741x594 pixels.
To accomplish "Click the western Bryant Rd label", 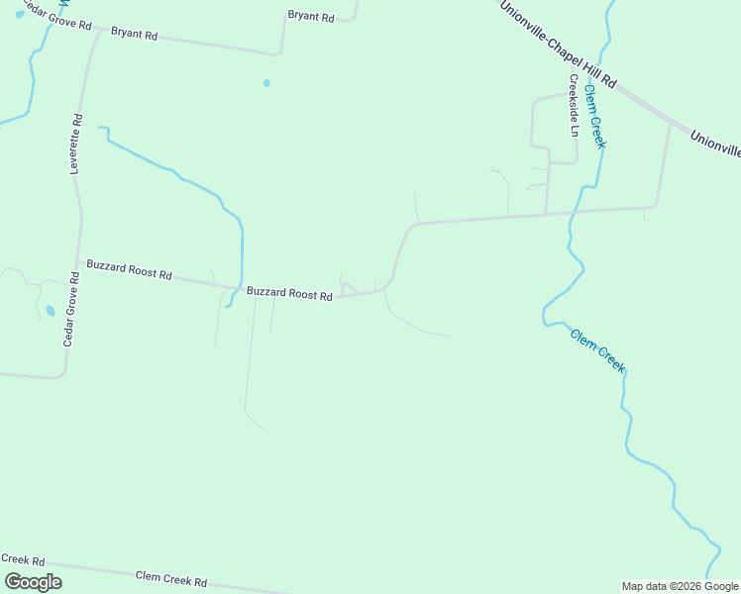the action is [134, 34].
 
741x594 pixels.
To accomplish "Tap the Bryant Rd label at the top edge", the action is [311, 15].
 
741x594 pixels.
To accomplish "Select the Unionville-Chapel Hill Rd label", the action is [558, 45].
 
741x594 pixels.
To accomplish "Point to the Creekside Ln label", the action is [574, 104].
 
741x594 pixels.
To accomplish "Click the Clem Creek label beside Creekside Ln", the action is [594, 116].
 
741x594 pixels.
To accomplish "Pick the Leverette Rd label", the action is [75, 145].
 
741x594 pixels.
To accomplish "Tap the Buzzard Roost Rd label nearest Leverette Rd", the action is [129, 269].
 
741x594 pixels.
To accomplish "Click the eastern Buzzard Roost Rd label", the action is [289, 294].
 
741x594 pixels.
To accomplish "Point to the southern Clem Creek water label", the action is [597, 349].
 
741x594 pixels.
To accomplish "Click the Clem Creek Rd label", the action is [171, 579].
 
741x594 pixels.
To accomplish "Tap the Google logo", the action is [32, 582].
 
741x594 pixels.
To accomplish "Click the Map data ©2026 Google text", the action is [680, 586].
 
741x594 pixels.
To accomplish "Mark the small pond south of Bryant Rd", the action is [266, 83].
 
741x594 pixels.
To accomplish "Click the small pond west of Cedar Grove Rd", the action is [50, 311].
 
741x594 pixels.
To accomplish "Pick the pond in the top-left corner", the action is [20, 14].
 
